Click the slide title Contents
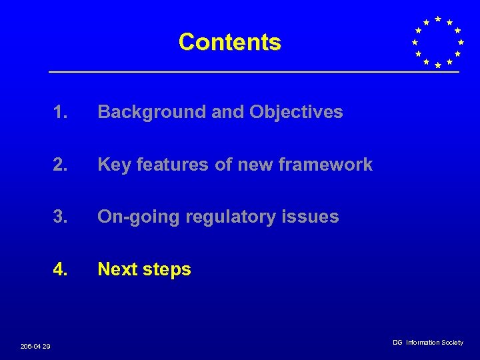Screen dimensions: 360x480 click(x=230, y=42)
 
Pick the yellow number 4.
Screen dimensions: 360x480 click(x=61, y=269)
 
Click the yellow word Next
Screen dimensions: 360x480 click(x=116, y=269)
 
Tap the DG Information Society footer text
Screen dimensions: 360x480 click(x=427, y=343)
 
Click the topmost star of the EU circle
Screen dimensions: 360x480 click(x=437, y=19)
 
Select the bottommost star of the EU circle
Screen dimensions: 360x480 click(x=437, y=65)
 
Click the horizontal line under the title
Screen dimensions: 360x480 click(x=253, y=72)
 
